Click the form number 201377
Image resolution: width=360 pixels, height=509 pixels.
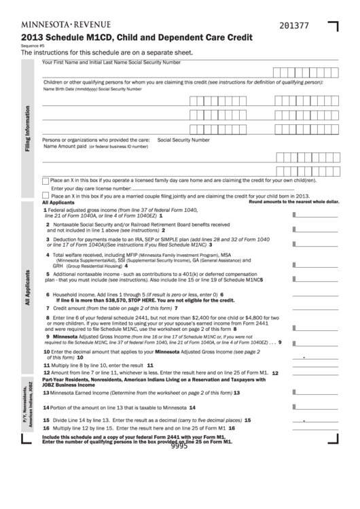point(293,25)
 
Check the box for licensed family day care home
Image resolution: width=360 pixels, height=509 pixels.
point(45,181)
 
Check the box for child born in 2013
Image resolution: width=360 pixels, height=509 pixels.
point(45,195)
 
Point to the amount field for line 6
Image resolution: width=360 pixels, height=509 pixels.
point(316,294)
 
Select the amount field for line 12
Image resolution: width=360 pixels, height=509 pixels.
point(316,372)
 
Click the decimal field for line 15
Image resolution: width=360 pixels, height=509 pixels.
point(316,420)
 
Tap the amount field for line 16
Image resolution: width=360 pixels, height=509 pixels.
point(316,429)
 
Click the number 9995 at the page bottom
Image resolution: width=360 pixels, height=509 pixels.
point(179,446)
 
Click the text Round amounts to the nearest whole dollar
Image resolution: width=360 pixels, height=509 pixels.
point(293,202)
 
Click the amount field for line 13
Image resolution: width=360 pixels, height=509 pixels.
point(316,392)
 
